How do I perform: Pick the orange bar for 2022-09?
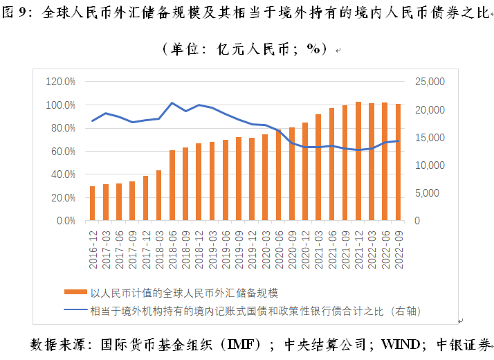(398, 162)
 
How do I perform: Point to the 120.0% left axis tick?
(60, 82)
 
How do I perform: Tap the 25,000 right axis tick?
(428, 82)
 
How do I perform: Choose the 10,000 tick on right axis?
(428, 165)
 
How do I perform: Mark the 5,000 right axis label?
(430, 193)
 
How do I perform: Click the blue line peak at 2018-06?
(172, 102)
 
